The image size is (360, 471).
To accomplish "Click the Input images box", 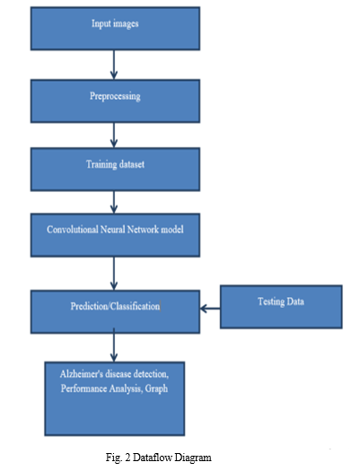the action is [115, 29].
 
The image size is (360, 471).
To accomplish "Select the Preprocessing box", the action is [115, 100].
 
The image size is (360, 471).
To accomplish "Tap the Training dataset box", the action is [115, 170].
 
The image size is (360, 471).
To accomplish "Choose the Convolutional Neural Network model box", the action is [115, 235].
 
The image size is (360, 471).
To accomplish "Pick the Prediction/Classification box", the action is [115, 312].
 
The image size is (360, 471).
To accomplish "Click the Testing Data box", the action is [281, 307].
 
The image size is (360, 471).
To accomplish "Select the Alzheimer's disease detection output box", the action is [115, 398].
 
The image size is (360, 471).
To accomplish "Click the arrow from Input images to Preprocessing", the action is [114, 65].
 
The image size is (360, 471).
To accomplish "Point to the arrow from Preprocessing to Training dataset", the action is [114, 135].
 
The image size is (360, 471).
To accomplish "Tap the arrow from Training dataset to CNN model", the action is [114, 202].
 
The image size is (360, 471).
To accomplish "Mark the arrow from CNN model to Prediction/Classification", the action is [114, 274].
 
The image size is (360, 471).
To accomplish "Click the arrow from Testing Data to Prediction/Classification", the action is [210, 309].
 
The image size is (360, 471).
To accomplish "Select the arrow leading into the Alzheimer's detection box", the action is [114, 345].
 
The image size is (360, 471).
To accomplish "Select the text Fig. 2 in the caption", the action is [118, 458].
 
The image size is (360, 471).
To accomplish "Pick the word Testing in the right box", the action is [271, 301].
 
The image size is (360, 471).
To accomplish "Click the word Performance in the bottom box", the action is [83, 388].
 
